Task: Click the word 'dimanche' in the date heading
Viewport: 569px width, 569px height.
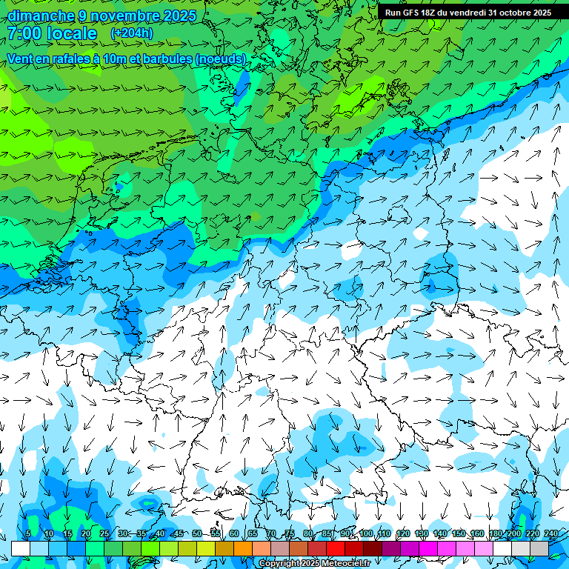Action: click(x=41, y=16)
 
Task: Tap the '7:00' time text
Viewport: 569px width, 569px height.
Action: click(x=24, y=33)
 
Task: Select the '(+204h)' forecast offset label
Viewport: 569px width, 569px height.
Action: click(x=131, y=33)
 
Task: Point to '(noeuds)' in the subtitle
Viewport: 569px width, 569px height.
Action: click(x=219, y=59)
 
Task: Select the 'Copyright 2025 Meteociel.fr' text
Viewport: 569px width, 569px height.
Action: click(x=315, y=564)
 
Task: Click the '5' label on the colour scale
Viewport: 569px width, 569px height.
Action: click(x=28, y=534)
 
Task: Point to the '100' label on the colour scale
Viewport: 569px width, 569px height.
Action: click(x=366, y=534)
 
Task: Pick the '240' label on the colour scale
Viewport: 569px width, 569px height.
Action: click(x=551, y=534)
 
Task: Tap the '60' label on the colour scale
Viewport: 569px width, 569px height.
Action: click(x=234, y=534)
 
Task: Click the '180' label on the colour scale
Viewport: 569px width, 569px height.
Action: click(x=495, y=534)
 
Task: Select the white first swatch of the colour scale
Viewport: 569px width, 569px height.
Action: click(x=20, y=548)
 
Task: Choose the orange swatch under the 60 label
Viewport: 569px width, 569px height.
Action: click(x=243, y=548)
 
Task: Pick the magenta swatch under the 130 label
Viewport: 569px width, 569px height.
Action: click(x=428, y=548)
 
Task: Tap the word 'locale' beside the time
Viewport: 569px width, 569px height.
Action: click(x=72, y=33)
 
